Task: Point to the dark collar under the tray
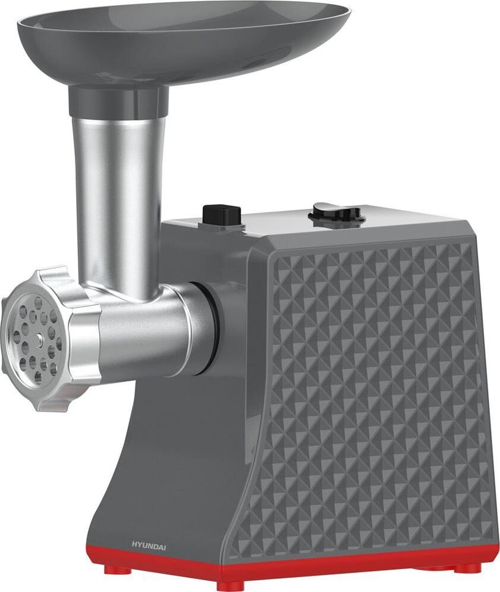[118, 98]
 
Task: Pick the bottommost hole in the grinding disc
[38, 378]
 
